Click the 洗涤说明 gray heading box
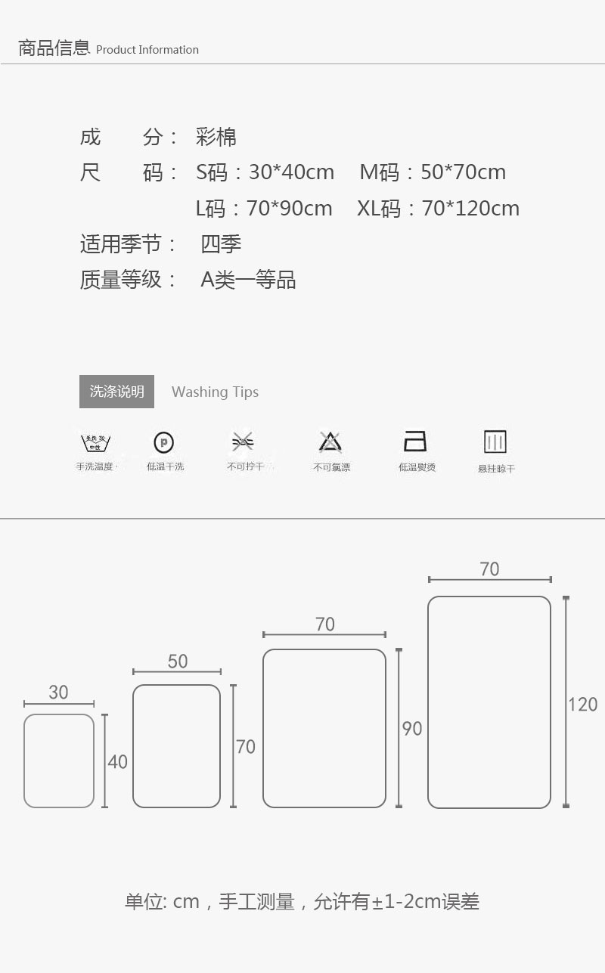(116, 392)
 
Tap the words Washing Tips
(215, 392)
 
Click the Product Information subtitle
(147, 50)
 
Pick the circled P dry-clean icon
(163, 442)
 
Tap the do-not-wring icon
(243, 442)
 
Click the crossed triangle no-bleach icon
(330, 442)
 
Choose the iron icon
(415, 441)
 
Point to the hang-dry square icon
(495, 442)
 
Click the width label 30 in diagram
(58, 693)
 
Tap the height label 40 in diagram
(117, 762)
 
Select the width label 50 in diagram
(178, 662)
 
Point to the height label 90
(412, 729)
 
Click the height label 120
(582, 705)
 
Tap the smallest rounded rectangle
(59, 761)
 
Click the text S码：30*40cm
(265, 172)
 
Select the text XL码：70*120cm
(439, 209)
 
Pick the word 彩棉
(216, 137)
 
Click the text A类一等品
(248, 280)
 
